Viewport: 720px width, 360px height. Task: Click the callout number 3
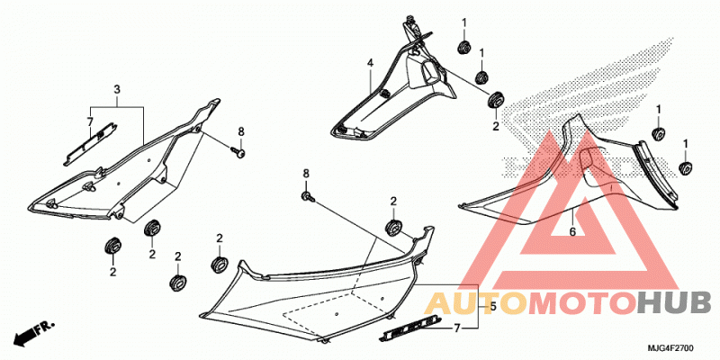117,89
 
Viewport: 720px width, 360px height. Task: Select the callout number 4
370,63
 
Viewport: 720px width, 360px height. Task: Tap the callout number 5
493,307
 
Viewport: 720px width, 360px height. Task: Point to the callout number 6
572,232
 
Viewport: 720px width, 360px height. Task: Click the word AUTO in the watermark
474,304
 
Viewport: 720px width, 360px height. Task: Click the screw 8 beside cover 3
238,151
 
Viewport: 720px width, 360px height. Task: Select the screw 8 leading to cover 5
308,197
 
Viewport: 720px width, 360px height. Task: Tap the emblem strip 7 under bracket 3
89,143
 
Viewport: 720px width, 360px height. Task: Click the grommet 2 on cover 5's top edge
393,227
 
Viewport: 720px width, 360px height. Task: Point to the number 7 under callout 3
90,121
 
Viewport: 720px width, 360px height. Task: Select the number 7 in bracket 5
457,328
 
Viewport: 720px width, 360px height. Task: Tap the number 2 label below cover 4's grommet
496,126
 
